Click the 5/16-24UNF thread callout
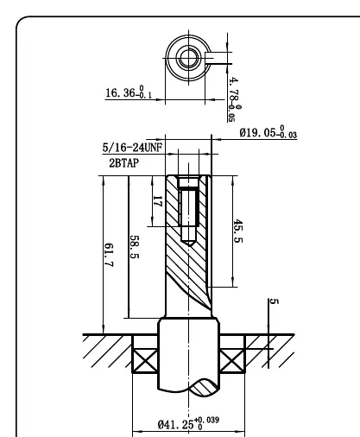[x=132, y=148]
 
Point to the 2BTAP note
[x=123, y=163]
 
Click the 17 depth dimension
[x=157, y=201]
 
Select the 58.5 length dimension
[x=135, y=247]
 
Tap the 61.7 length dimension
[x=109, y=255]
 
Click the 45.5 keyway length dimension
[x=238, y=231]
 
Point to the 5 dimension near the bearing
[x=274, y=301]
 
